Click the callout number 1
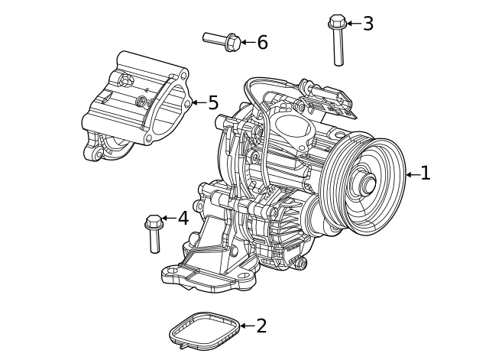[426, 174]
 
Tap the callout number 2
[261, 326]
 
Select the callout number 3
[368, 24]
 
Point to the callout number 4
[183, 219]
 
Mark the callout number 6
[262, 42]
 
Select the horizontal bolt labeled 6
[222, 39]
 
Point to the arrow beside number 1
[411, 174]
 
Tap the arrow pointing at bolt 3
[353, 24]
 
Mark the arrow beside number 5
[198, 102]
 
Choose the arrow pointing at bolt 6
[248, 42]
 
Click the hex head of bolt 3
[336, 21]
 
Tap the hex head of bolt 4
[153, 222]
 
